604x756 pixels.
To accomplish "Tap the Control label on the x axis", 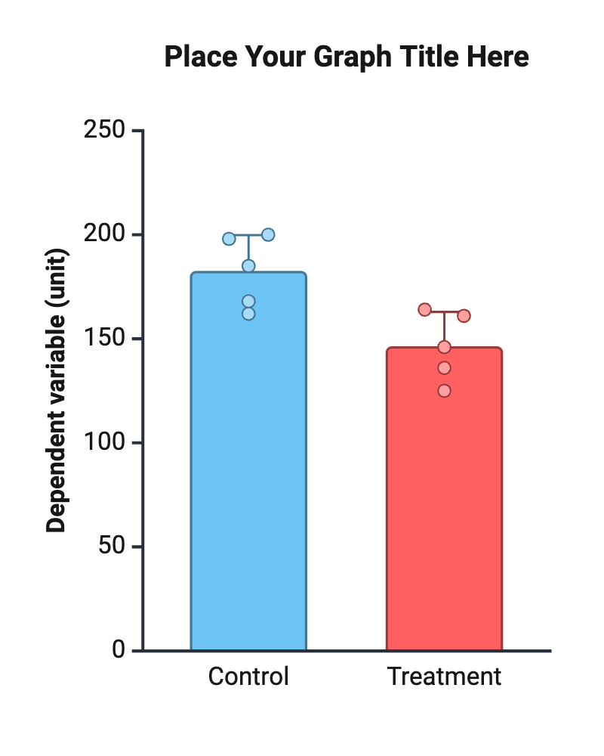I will coord(248,676).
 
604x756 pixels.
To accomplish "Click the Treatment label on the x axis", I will coord(444,676).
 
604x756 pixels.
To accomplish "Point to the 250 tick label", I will coord(104,131).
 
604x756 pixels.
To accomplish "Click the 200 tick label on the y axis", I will coord(104,234).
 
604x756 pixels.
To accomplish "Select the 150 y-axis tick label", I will coord(104,339).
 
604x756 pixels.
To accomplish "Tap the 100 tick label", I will coord(104,442).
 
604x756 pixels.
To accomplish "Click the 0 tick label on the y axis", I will coord(119,649).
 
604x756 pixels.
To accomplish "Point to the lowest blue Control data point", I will coord(248,314).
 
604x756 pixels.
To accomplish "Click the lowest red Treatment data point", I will coord(444,391).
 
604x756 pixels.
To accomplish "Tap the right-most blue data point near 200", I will coord(268,234).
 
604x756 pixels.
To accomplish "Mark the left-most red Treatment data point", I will coord(424,310).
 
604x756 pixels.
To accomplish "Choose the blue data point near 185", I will coord(248,266).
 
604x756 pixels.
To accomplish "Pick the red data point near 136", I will coord(444,368).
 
